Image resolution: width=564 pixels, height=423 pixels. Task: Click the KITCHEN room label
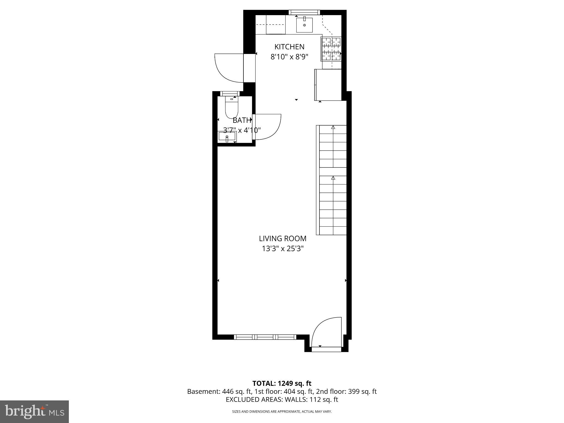tap(289, 47)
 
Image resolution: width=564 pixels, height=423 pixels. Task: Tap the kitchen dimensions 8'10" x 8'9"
tap(289, 57)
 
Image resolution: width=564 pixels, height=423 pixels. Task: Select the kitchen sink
tap(304, 25)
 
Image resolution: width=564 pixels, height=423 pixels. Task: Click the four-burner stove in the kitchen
tap(331, 49)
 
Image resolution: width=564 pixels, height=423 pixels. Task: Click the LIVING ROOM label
tap(283, 238)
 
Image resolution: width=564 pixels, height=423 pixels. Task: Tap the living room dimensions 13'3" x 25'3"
tap(283, 249)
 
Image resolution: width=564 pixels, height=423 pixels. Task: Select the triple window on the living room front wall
tap(265, 337)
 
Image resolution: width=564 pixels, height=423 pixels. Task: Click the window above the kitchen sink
tap(304, 12)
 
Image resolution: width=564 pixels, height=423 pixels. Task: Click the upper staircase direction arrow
tap(333, 128)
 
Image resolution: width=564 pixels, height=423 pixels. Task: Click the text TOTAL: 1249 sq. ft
tap(282, 383)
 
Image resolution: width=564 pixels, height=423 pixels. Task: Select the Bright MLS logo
tap(34, 411)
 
